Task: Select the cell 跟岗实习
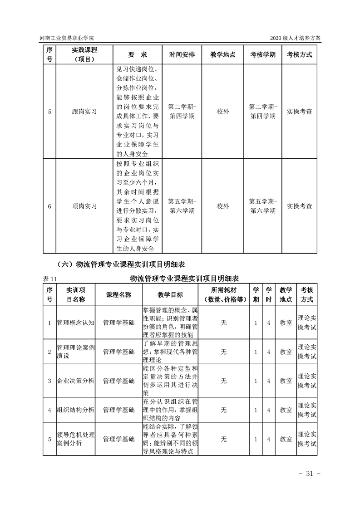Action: pyautogui.click(x=84, y=112)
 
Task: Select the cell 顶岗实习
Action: pyautogui.click(x=84, y=206)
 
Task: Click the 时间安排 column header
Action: pyautogui.click(x=182, y=54)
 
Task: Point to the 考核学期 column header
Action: pyautogui.click(x=262, y=54)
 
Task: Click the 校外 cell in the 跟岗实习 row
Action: pyautogui.click(x=222, y=112)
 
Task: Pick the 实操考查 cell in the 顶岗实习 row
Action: pyautogui.click(x=300, y=206)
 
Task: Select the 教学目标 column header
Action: pyautogui.click(x=170, y=295)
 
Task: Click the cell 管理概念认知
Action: pyautogui.click(x=75, y=323)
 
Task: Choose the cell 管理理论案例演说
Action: pyautogui.click(x=75, y=352)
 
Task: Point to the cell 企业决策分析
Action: pyautogui.click(x=75, y=381)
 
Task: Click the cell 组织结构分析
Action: pyautogui.click(x=75, y=410)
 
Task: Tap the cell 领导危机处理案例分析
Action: pyautogui.click(x=75, y=439)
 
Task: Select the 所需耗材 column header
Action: pyautogui.click(x=223, y=295)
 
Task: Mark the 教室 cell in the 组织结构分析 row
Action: pyautogui.click(x=286, y=410)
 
